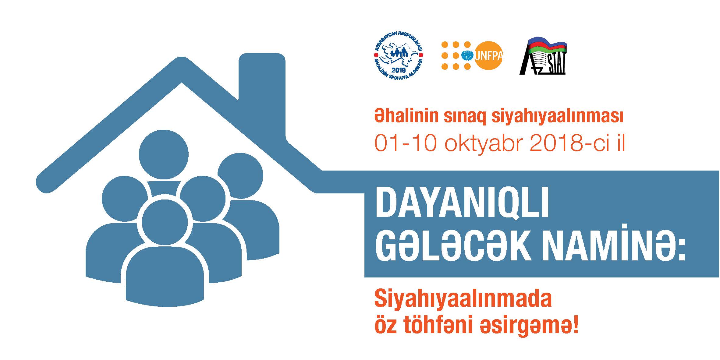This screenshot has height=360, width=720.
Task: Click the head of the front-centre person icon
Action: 165,222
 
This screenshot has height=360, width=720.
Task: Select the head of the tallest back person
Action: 164,154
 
